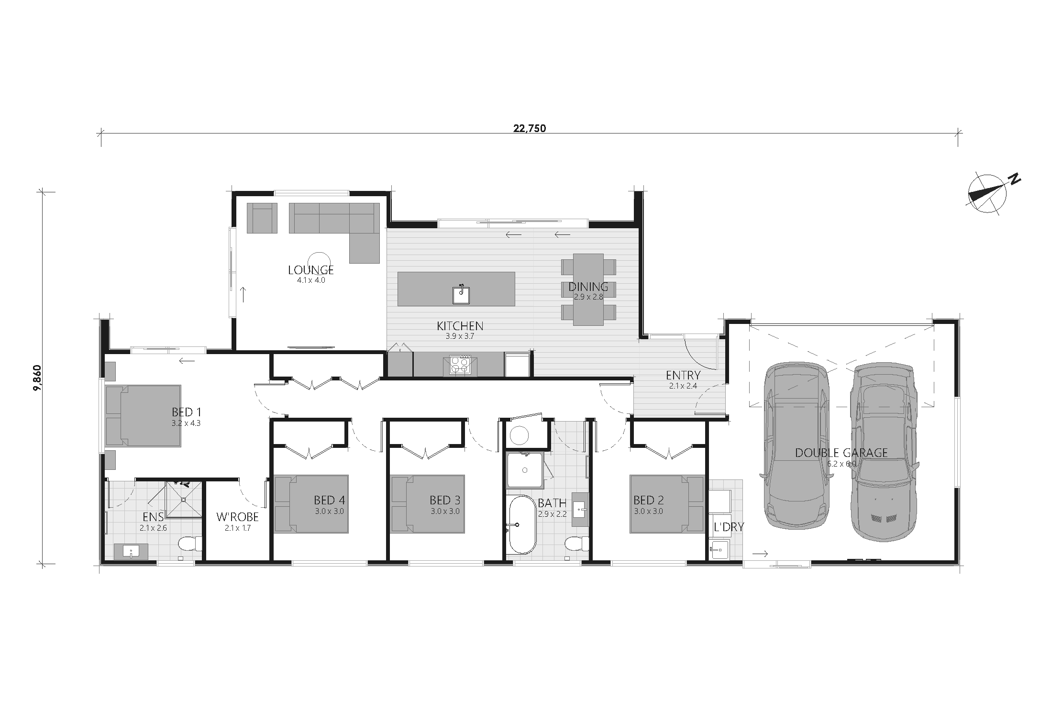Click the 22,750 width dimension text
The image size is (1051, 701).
pos(530,128)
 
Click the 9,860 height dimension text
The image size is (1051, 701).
pos(37,378)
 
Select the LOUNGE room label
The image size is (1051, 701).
pos(311,270)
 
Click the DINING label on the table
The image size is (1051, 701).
pos(588,287)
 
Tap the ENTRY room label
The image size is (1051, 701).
pos(683,376)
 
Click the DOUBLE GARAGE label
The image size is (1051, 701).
pos(841,453)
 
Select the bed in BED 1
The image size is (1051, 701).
pos(143,416)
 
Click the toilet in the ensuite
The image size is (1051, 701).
pos(190,545)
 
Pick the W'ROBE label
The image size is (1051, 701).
pos(237,517)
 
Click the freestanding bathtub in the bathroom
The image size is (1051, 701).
pos(522,525)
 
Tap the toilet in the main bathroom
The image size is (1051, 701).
pos(576,545)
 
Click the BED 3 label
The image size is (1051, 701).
pos(445,501)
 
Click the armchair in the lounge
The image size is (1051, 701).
pos(262,218)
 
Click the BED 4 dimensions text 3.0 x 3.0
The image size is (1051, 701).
pos(329,511)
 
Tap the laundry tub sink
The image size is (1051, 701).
pos(719,549)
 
